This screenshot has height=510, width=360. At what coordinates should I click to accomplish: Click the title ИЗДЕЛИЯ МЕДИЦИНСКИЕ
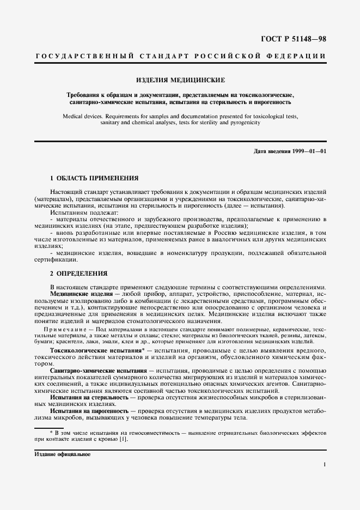180,80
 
